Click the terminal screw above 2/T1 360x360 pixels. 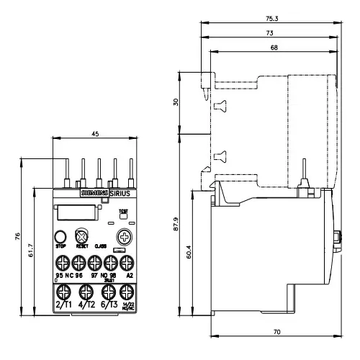point(63,292)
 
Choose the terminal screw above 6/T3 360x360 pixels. point(108,292)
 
